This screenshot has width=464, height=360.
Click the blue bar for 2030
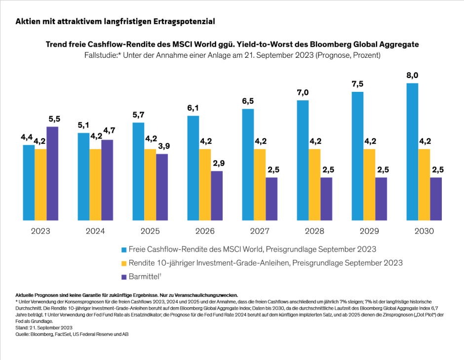412,152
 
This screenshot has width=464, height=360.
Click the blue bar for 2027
248,164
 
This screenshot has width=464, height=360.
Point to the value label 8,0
412,75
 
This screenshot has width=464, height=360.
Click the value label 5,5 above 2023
54,119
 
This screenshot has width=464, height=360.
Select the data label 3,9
163,146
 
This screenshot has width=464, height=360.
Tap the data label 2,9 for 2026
218,163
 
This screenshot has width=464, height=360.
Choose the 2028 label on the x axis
313,231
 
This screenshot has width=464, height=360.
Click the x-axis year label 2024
94,231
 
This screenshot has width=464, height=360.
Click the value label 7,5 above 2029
357,83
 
